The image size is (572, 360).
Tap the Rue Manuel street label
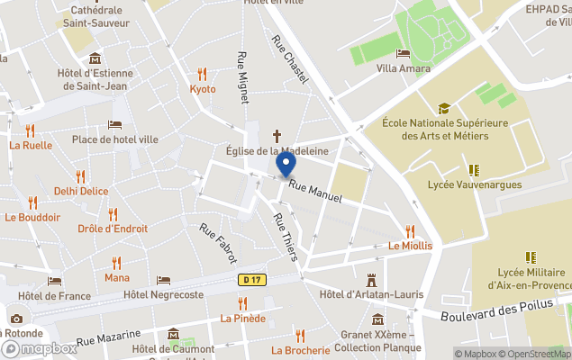315,191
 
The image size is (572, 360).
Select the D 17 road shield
251,281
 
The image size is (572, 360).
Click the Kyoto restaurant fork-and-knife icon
203,75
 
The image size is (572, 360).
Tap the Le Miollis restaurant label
410,246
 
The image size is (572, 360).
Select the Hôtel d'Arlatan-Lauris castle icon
370,281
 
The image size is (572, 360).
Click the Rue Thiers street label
286,238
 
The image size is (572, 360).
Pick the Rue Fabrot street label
219,243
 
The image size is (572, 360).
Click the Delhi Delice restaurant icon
80,176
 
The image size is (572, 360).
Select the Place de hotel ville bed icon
114,125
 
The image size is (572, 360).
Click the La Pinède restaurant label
243,318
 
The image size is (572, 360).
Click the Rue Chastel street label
291,59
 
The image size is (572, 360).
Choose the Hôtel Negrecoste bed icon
163,281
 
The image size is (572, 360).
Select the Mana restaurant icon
116,263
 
